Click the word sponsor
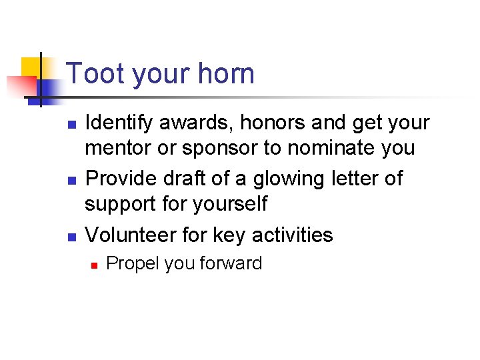(x=217, y=148)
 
